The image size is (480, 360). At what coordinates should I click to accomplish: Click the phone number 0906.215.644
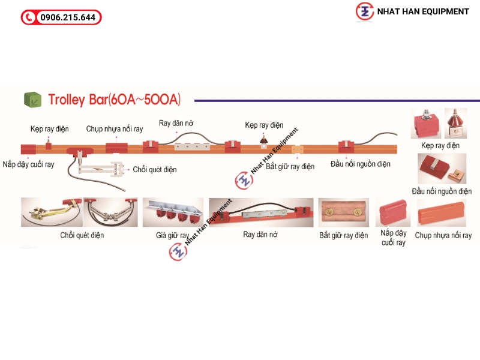tap(67, 17)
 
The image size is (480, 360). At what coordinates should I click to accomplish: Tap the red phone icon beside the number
tap(29, 17)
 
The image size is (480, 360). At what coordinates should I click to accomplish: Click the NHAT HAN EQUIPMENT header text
tap(423, 11)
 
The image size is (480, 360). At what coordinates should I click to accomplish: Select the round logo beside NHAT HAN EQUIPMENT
tap(364, 11)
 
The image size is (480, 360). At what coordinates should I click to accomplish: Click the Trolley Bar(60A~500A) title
tap(114, 99)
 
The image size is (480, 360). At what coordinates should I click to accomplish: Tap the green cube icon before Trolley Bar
tap(32, 99)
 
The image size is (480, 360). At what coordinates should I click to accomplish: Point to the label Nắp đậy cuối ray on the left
tap(28, 164)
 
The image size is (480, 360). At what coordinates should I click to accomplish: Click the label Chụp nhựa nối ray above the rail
tap(115, 128)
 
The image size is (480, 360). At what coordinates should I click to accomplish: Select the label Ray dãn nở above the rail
tap(176, 123)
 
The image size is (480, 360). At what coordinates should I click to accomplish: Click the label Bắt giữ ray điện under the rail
tap(290, 166)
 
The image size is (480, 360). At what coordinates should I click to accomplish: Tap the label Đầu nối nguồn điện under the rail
tap(361, 163)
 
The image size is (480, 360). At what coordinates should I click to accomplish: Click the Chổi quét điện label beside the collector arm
tap(155, 170)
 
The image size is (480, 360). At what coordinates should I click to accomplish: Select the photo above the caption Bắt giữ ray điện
tap(343, 213)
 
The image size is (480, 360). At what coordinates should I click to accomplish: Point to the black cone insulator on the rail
tap(263, 140)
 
